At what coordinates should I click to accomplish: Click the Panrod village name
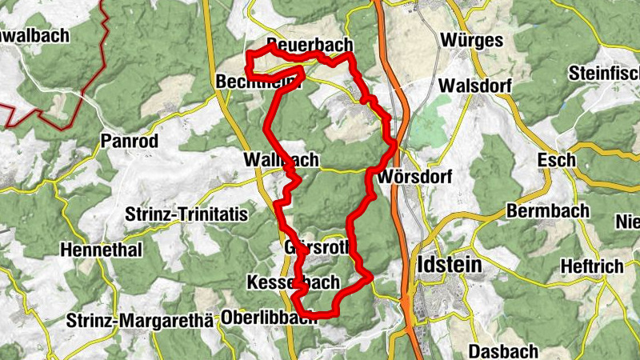tap(130, 141)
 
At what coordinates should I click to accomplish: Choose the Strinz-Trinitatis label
tap(187, 214)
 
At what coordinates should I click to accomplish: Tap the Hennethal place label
tap(101, 250)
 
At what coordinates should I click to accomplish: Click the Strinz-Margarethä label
tap(141, 321)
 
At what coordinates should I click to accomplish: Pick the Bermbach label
tap(547, 211)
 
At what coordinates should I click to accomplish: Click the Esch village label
tap(557, 160)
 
